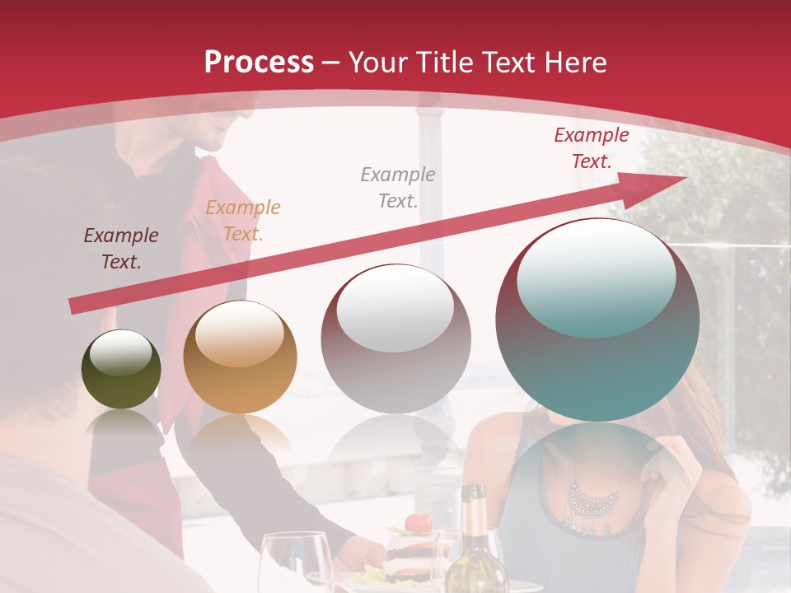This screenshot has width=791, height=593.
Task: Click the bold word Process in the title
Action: tap(259, 62)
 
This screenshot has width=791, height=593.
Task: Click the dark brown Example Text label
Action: tap(120, 249)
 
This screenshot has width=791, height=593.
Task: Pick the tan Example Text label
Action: tap(242, 221)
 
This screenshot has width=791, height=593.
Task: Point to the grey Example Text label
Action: tap(397, 187)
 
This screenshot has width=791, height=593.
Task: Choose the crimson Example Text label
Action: tap(591, 148)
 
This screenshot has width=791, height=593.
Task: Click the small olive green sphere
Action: tap(121, 369)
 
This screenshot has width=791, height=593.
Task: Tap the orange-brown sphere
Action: tap(240, 357)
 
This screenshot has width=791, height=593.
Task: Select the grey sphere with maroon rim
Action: tap(395, 339)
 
